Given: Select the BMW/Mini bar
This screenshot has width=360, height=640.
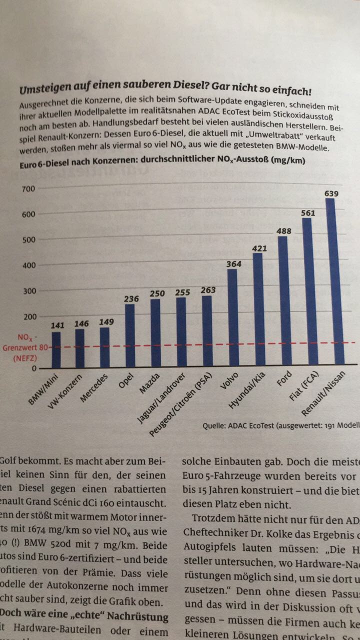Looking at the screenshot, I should pyautogui.click(x=56, y=350).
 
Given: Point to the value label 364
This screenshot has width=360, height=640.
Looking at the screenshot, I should pyautogui.click(x=232, y=264).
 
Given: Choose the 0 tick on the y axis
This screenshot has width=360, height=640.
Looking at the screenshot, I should pyautogui.click(x=34, y=368).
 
